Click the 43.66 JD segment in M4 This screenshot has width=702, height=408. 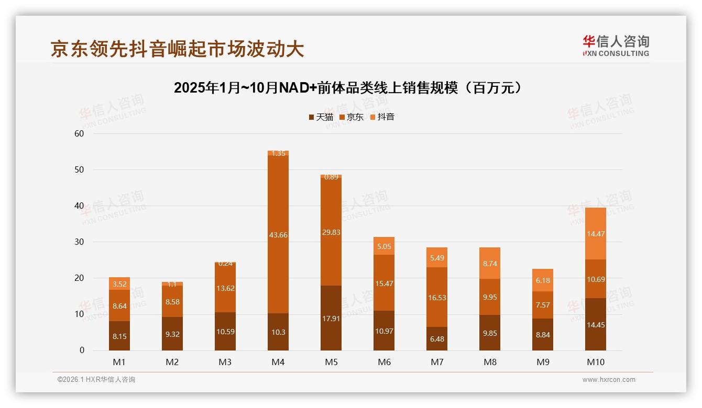coord(278,235)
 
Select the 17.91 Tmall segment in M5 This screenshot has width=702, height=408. coord(331,318)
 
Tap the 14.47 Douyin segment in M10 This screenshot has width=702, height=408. coord(596,234)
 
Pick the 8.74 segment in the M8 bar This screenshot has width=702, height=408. coord(490,263)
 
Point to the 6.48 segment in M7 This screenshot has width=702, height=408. coord(437,338)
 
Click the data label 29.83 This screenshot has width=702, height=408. coord(331,232)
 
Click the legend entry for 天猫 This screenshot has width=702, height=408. coord(321,117)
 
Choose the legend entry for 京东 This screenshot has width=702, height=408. coord(351,117)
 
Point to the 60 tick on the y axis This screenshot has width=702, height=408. coord(79,133)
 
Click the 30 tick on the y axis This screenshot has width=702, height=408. coord(79,242)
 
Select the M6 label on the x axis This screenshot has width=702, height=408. coord(384,362)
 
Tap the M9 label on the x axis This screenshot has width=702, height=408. coord(543,362)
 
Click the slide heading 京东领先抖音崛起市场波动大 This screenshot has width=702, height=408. coord(177,49)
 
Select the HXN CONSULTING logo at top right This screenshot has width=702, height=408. coord(616,46)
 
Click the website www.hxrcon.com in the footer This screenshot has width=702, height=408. coord(609,380)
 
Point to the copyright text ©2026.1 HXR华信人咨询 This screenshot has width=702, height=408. coord(96,380)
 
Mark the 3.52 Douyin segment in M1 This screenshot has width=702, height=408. coord(119,284)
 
